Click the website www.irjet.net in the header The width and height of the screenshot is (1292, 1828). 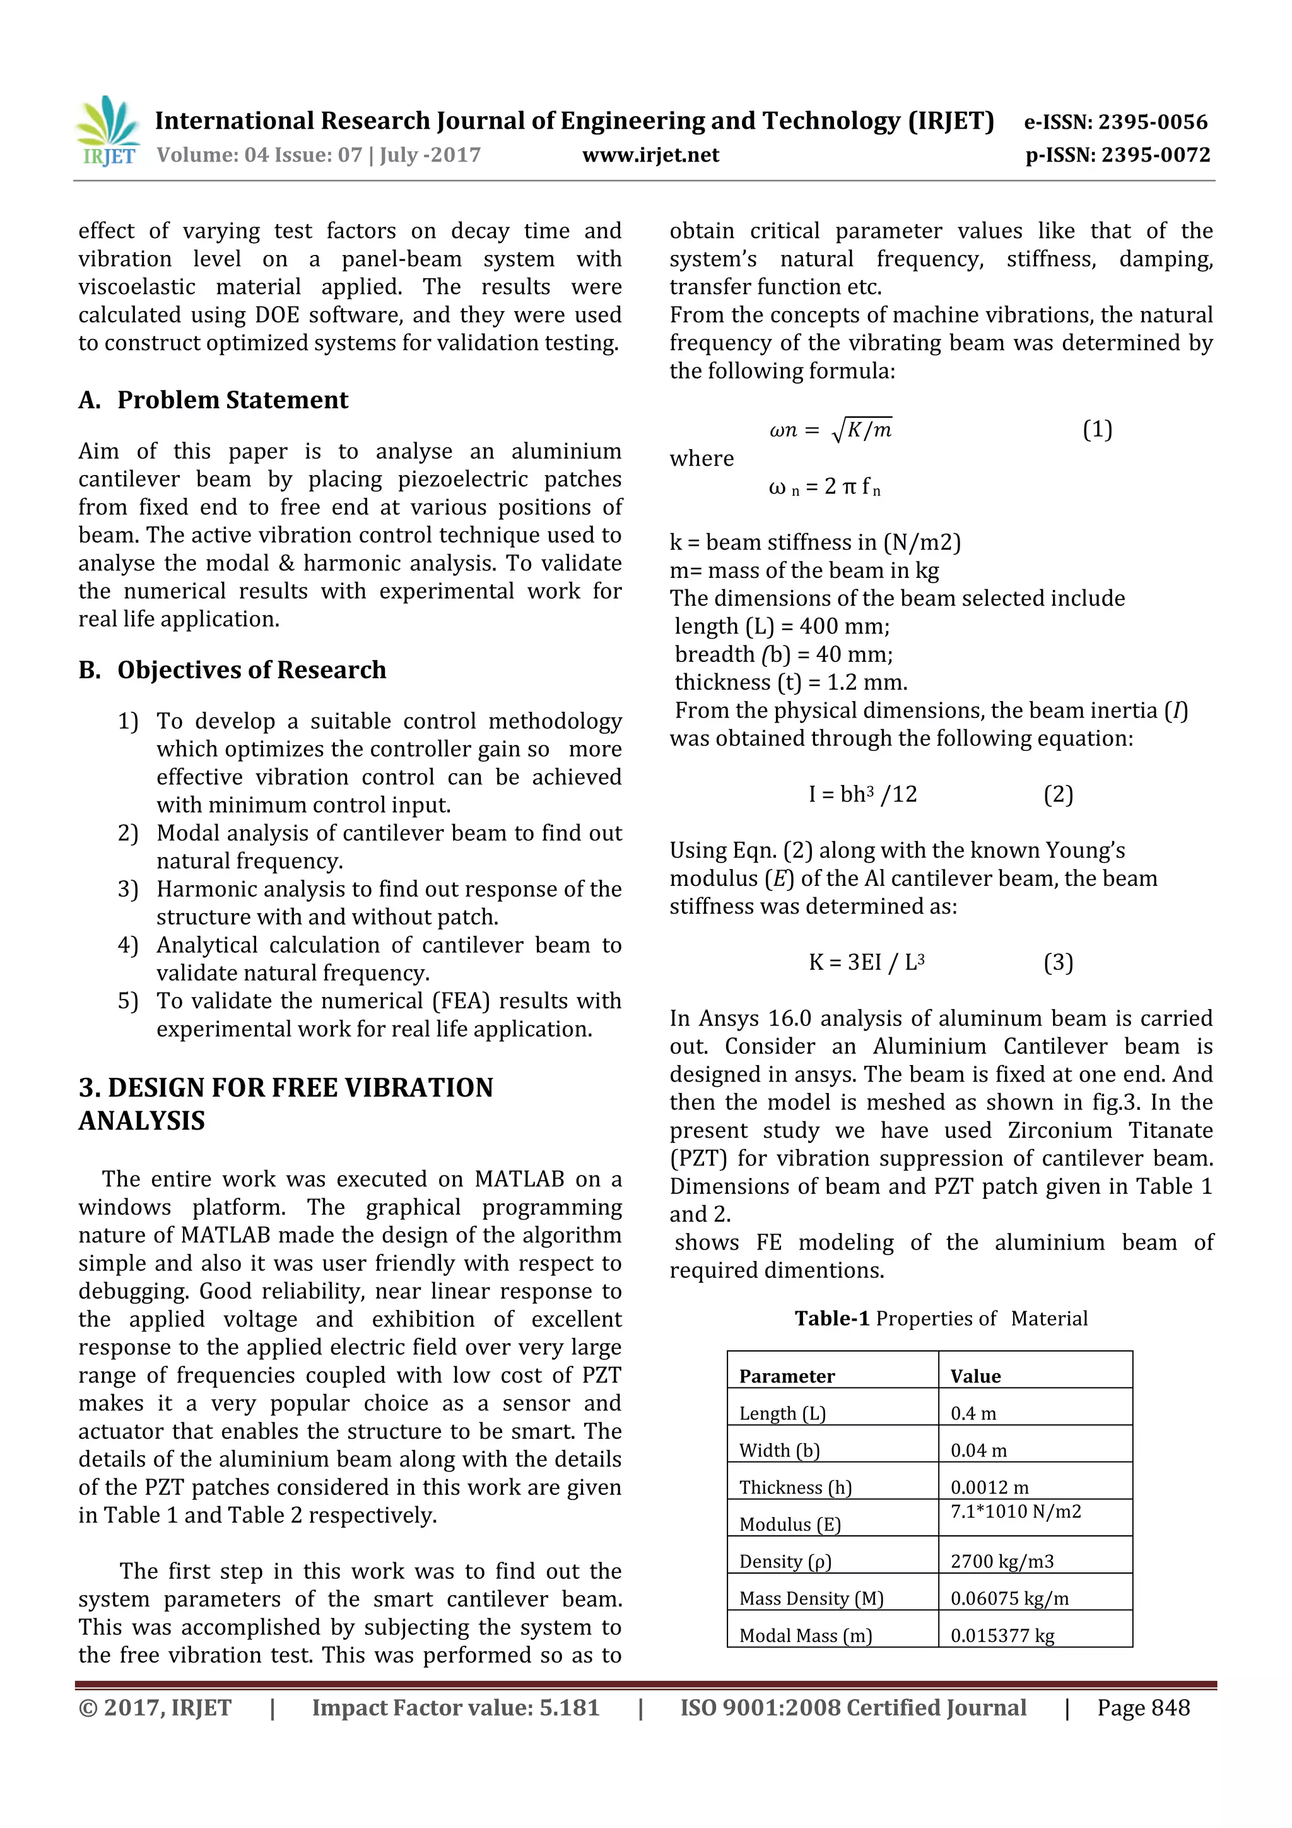(650, 155)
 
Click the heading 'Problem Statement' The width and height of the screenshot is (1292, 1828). (232, 399)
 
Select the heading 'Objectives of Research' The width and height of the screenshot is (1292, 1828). (252, 669)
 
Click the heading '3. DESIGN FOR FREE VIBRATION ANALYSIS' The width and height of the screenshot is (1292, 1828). (286, 1104)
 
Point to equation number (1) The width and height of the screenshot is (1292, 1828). (1097, 430)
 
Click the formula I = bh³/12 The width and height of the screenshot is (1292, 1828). (863, 794)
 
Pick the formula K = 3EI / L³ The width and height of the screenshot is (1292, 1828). (866, 962)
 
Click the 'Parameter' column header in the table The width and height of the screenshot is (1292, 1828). (787, 1377)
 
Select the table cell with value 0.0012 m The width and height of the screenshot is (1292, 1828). (989, 1487)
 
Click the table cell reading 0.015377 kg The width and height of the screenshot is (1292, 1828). (1002, 1636)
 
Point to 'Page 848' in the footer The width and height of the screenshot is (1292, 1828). (1143, 1707)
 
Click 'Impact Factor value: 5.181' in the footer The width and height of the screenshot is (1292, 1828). (455, 1707)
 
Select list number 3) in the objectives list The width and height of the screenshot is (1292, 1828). (128, 889)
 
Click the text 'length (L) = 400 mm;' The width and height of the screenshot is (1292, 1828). (782, 627)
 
